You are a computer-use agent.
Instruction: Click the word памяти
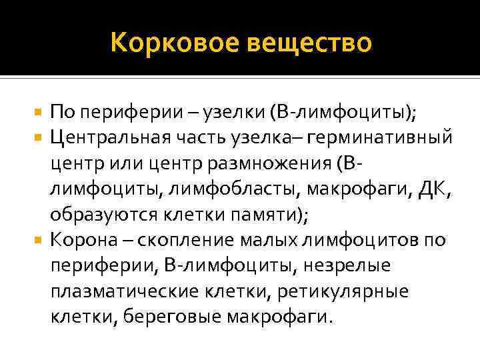point(265,215)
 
